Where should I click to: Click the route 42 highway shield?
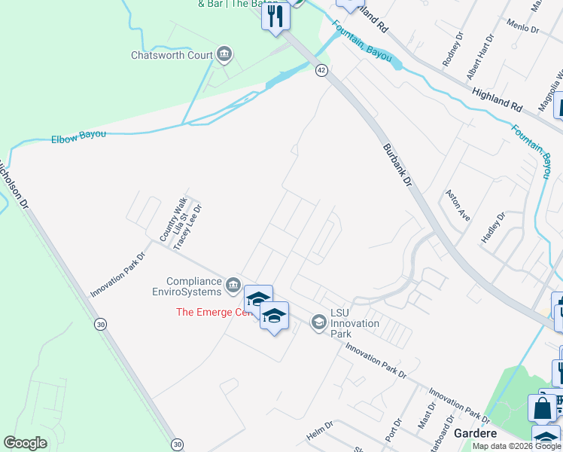(x=321, y=70)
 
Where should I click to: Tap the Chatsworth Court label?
(x=172, y=55)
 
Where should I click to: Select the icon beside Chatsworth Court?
(x=224, y=53)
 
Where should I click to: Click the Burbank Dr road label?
(x=398, y=165)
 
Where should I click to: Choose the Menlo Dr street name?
(x=524, y=26)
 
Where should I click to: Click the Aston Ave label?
(x=458, y=205)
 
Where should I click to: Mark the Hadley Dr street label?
(x=493, y=227)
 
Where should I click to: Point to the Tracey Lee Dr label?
(x=189, y=227)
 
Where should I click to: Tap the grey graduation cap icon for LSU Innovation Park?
(x=318, y=323)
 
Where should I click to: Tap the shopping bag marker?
(x=542, y=408)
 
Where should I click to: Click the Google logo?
(x=25, y=443)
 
